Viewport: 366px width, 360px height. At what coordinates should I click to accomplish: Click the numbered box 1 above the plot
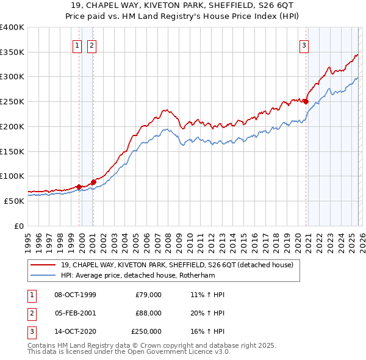click(78, 44)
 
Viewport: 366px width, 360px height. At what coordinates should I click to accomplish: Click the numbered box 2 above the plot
click(91, 44)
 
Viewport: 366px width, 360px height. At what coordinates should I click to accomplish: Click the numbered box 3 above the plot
click(304, 44)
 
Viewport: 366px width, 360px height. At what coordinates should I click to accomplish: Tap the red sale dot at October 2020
click(306, 102)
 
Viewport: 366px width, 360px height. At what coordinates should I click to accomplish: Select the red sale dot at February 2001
click(93, 182)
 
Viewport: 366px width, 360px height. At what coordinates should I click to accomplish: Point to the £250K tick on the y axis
click(12, 101)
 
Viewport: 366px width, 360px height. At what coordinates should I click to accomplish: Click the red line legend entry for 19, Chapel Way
click(177, 265)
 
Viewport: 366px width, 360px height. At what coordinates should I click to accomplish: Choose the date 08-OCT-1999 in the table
click(75, 295)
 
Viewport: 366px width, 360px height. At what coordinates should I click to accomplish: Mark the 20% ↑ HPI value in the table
click(207, 313)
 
